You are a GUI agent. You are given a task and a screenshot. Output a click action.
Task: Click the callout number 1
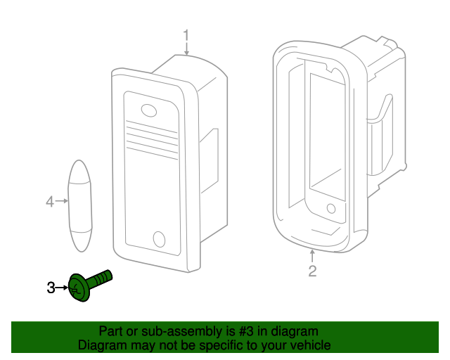[x=186, y=34]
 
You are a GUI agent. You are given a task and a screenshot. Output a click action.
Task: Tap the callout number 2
[x=313, y=271]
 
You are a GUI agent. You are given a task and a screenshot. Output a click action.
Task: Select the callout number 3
[x=51, y=288]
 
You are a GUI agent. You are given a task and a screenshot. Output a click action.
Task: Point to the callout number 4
[x=50, y=202]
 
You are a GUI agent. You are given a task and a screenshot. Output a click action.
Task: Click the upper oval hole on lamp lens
[x=149, y=110]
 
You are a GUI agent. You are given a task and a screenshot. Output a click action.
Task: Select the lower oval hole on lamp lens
[x=159, y=238]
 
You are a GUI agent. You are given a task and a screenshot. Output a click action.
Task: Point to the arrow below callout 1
[x=186, y=49]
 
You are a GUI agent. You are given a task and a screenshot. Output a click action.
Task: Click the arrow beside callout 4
[x=62, y=202]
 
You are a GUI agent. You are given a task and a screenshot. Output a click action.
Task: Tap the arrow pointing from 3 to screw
[x=63, y=288]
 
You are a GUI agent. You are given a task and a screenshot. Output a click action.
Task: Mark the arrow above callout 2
[x=312, y=255]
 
